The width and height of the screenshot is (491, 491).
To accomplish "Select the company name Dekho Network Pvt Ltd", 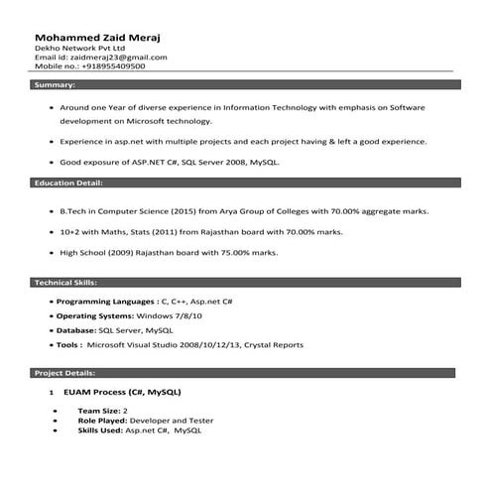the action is point(80,48).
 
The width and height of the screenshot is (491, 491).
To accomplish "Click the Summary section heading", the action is point(56,86).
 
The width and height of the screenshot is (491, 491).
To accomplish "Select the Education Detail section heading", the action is point(69,184).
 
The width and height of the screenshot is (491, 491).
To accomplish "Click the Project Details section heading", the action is point(65,373).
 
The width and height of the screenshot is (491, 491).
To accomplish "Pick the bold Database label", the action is point(75,329).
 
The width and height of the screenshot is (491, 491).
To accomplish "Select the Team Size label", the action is point(97,410).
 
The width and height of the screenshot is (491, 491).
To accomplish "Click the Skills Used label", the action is point(100,430).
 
